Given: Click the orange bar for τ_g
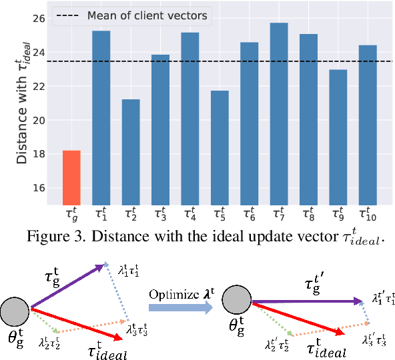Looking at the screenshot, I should point(71,178).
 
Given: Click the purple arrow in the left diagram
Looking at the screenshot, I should point(67,287).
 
